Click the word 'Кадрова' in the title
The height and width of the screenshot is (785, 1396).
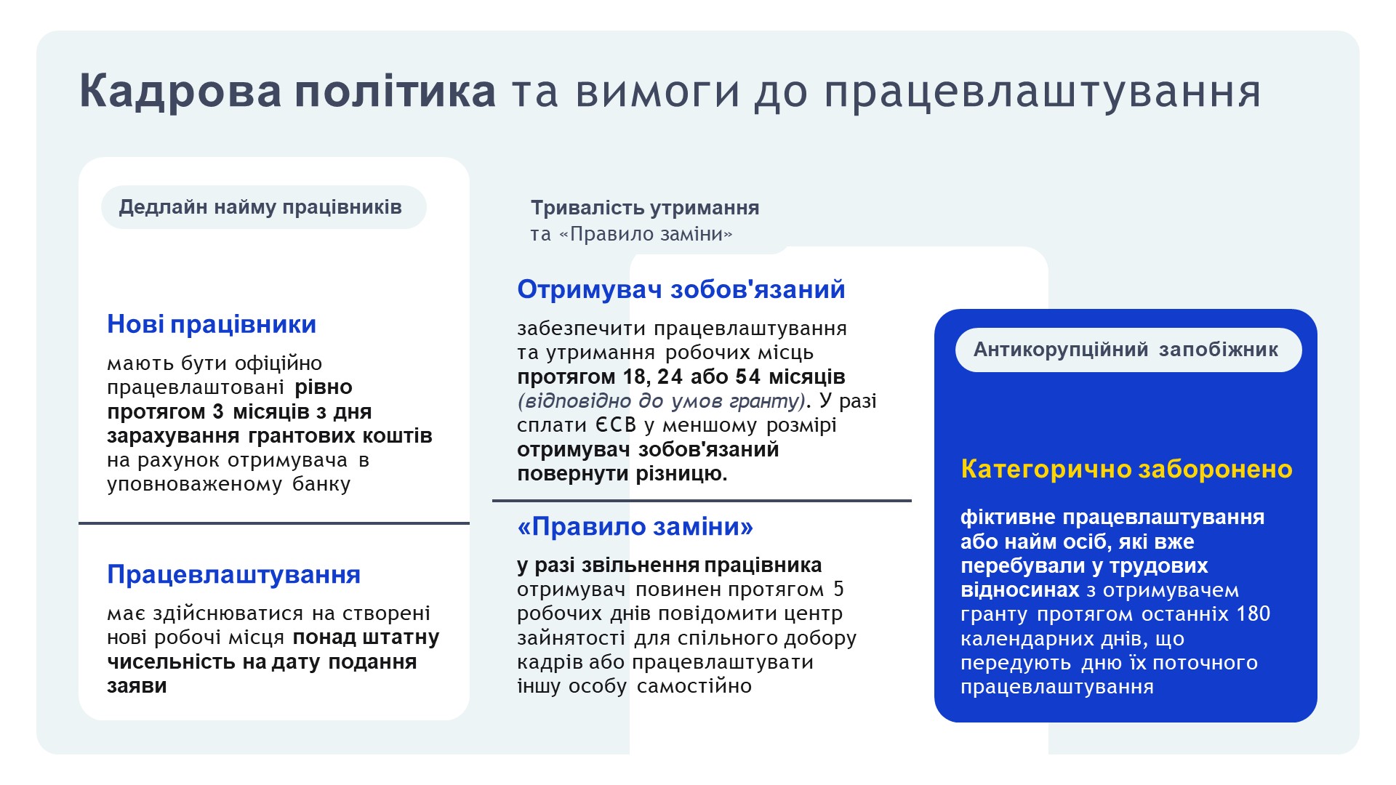click(180, 91)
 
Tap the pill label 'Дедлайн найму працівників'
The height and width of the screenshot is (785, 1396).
click(263, 207)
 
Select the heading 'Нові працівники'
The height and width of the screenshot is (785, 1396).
click(212, 324)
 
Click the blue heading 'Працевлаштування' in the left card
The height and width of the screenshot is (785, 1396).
click(233, 574)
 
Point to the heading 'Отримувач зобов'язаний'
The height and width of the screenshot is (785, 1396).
click(681, 289)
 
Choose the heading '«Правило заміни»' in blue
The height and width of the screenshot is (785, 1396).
click(635, 526)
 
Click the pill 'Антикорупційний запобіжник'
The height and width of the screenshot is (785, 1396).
click(1128, 350)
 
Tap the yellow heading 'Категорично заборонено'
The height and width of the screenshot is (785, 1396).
click(1126, 469)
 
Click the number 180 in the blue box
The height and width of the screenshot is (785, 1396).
click(1253, 614)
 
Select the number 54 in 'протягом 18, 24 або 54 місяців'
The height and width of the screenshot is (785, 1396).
click(749, 377)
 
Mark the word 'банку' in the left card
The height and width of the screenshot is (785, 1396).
click(321, 484)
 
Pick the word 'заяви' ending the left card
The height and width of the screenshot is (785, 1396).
click(137, 686)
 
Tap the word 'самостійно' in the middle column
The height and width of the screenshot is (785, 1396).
click(694, 686)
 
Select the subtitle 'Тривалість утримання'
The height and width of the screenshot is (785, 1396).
click(645, 208)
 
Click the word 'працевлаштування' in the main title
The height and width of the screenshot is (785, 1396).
click(1043, 92)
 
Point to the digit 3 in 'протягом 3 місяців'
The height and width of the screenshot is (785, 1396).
click(218, 411)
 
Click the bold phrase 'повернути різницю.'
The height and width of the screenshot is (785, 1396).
click(622, 474)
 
